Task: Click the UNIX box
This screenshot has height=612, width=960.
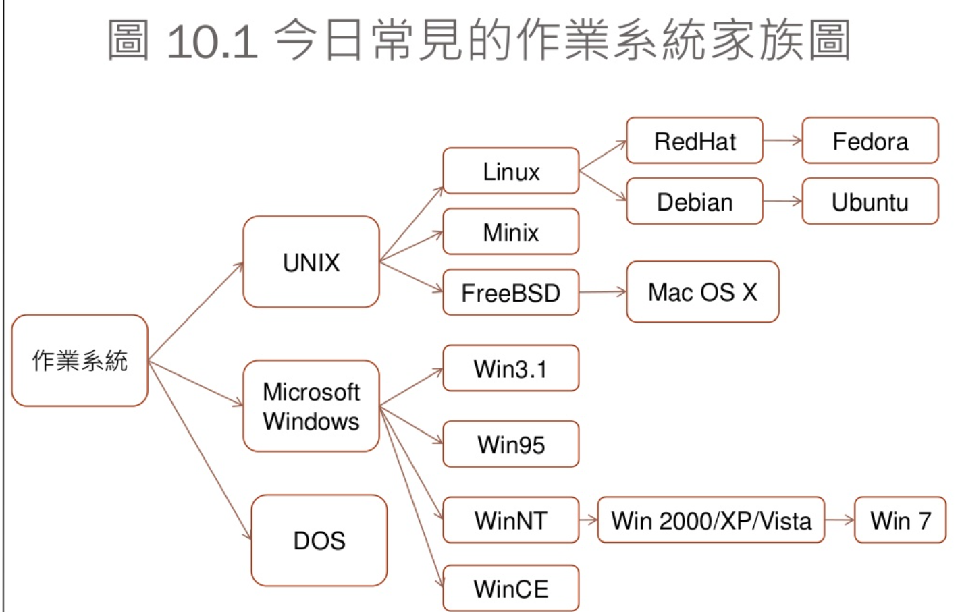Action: point(311,262)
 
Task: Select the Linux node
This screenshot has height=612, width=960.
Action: point(511,171)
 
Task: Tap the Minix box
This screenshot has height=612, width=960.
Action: point(511,232)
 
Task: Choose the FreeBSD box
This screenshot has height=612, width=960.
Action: point(511,293)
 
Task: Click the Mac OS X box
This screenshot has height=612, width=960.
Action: point(702,292)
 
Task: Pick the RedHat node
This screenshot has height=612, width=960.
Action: point(695,141)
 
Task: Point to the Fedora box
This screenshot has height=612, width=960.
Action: point(870,141)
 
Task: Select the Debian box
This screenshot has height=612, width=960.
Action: point(695,202)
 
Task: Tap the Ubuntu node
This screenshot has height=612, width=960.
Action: point(870,202)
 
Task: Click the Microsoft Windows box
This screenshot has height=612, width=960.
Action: point(311,406)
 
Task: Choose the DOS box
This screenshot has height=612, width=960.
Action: point(319,540)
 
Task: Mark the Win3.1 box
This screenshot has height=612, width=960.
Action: point(511,368)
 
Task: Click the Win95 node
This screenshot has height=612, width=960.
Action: point(511,445)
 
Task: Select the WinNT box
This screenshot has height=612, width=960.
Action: point(511,520)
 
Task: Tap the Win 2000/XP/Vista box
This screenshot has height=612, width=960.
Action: point(712,520)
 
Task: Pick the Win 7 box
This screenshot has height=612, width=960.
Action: point(901,520)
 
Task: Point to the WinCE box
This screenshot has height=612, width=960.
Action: point(511,588)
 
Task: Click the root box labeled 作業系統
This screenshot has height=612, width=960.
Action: point(80,360)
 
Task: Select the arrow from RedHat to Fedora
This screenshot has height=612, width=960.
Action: point(782,141)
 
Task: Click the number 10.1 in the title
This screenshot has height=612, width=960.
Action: point(212,41)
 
